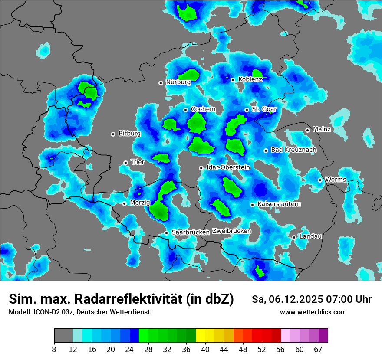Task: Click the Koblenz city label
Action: pos(250,79)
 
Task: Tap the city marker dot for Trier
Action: pos(126,163)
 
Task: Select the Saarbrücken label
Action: pos(191,232)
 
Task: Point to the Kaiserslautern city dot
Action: pos(252,205)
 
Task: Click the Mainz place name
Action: pos(322,129)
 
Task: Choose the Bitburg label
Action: pos(129,134)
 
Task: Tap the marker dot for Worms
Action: pos(320,180)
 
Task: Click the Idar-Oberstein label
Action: pos(228,167)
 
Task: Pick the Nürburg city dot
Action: pos(161,82)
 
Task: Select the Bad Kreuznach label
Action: pos(293,150)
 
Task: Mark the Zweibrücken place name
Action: pos(231,231)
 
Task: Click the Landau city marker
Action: pos(294,237)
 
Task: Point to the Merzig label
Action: pos(140,203)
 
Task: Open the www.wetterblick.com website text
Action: pos(313,312)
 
